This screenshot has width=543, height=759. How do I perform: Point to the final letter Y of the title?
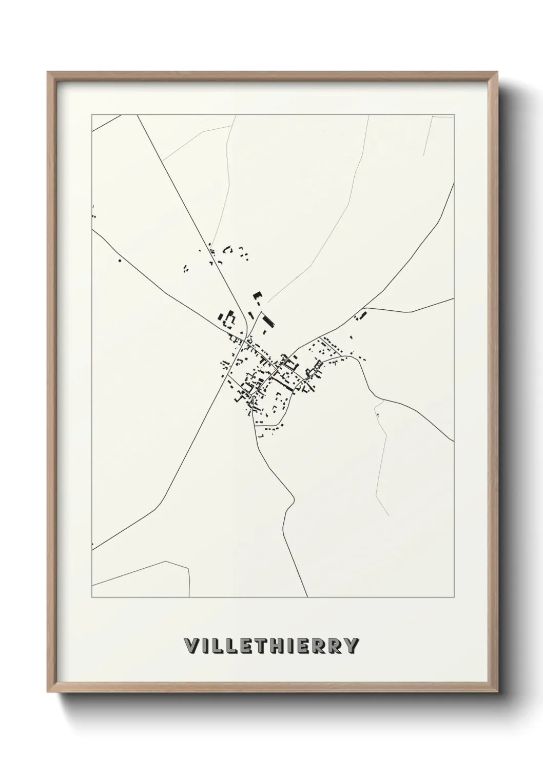click(x=351, y=646)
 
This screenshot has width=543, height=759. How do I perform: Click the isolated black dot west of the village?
click(x=120, y=261)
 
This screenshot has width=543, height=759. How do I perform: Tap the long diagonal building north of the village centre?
click(x=268, y=321)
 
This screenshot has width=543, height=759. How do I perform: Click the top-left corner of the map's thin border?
click(x=92, y=115)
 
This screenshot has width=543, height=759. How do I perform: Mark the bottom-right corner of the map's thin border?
click(x=454, y=597)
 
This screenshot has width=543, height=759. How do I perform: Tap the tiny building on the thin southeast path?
click(x=377, y=415)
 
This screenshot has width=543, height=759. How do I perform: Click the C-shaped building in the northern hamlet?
click(x=227, y=250)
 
